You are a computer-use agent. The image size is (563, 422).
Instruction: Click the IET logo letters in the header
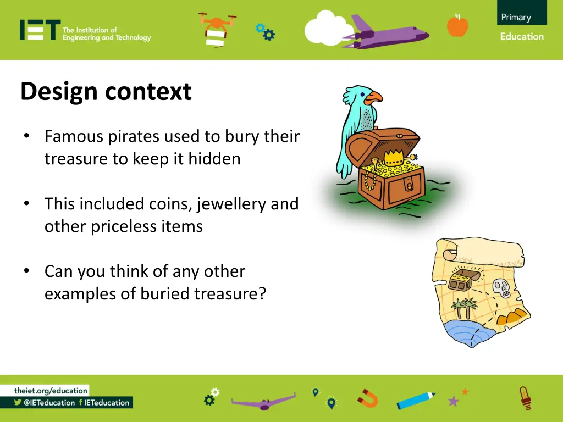point(40,30)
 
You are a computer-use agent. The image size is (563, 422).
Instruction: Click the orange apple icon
point(457,25)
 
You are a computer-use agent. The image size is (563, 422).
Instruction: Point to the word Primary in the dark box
point(516,17)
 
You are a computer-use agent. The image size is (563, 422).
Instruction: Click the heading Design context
point(106,91)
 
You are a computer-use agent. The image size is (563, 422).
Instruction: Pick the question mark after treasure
point(262,294)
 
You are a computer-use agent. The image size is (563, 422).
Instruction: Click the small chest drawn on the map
point(461,280)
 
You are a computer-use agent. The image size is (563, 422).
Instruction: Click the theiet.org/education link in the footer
point(51,391)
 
